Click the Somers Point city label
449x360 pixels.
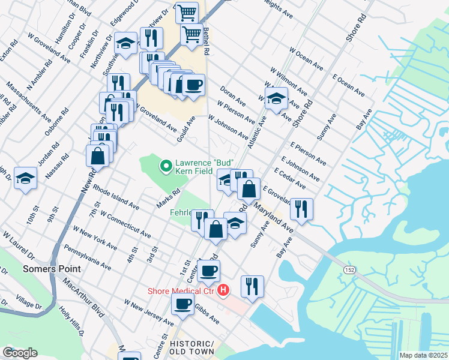47,269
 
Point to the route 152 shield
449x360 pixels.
349,270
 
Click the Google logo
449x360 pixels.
20,353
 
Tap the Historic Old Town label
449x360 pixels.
191,347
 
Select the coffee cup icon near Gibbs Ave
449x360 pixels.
182,303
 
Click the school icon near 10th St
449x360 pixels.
26,178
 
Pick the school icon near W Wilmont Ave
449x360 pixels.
276,99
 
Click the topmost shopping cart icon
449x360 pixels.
187,11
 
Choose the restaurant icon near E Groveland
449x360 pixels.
301,209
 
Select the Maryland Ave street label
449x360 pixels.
273,218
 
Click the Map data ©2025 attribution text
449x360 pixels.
423,355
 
